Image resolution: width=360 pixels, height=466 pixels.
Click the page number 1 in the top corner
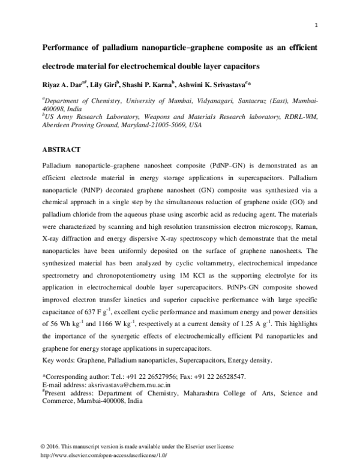pyautogui.click(x=316, y=25)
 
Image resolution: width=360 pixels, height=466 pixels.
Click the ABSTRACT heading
pyautogui.click(x=62, y=147)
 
